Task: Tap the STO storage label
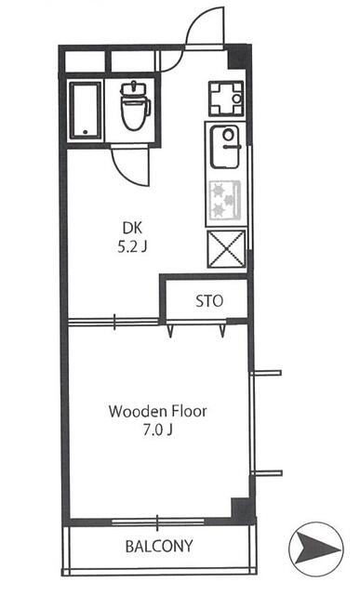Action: pyautogui.click(x=207, y=301)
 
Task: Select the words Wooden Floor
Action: pyautogui.click(x=157, y=411)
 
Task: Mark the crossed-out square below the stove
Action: pyautogui.click(x=226, y=248)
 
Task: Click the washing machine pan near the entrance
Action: pyautogui.click(x=224, y=98)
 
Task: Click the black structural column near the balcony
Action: pyautogui.click(x=241, y=509)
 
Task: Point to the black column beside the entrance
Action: pyautogui.click(x=239, y=57)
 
